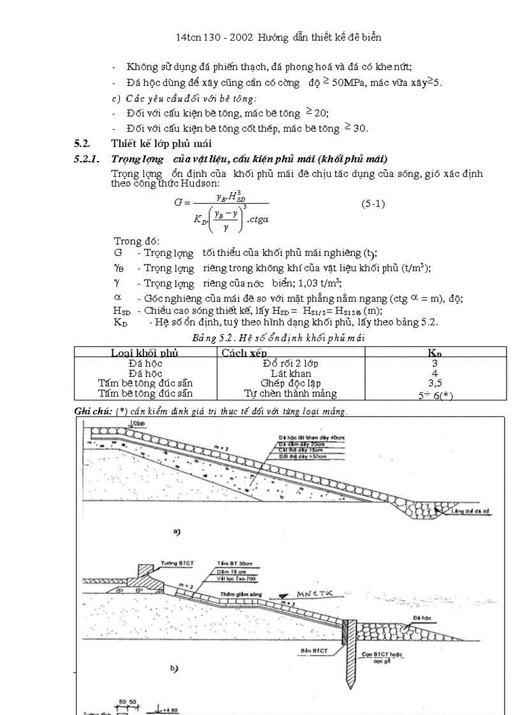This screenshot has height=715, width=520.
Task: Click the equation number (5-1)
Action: click(x=373, y=204)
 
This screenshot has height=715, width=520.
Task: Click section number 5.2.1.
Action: click(x=89, y=159)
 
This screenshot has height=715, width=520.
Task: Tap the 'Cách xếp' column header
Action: click(x=244, y=353)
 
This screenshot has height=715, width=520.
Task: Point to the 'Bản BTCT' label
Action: click(x=313, y=651)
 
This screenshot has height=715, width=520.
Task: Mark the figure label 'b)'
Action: click(x=174, y=668)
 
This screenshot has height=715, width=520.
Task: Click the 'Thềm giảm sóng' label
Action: click(x=238, y=593)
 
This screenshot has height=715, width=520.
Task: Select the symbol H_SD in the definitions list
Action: click(x=122, y=311)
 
